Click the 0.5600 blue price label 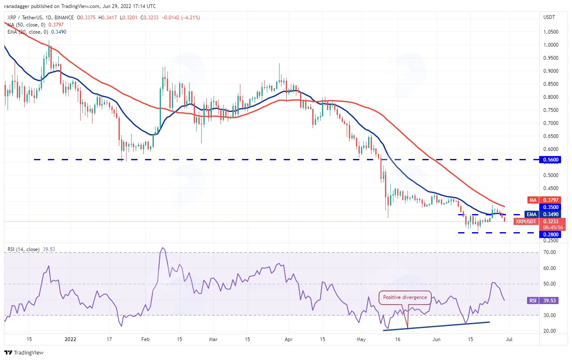tap(550, 160)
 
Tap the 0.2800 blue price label tap(550, 234)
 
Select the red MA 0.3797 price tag tap(544, 200)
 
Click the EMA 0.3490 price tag tap(543, 214)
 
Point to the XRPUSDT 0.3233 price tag tap(539, 222)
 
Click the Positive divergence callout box tap(405, 297)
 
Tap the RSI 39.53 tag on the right tap(543, 300)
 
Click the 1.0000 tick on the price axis tap(551, 45)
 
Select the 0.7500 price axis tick tap(551, 110)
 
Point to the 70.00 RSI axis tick tap(550, 252)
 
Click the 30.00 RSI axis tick tap(550, 315)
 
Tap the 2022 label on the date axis tap(71, 339)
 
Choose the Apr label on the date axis tap(288, 339)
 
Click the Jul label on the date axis tap(509, 339)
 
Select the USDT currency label tap(549, 17)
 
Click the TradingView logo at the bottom tap(24, 352)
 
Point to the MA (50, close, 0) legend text tap(26, 25)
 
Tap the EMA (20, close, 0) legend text tap(28, 32)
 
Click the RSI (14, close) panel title tap(23, 249)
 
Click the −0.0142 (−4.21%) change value tap(181, 18)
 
